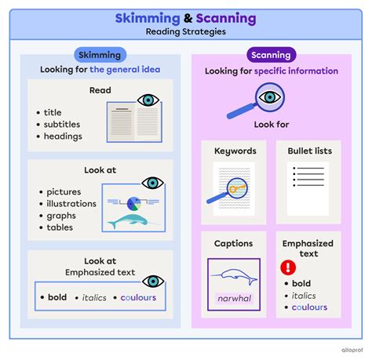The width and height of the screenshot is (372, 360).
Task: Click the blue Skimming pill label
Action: click(100, 55)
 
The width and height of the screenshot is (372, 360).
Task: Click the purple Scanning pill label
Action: click(272, 55)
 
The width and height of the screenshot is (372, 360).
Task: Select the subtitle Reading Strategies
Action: click(185, 32)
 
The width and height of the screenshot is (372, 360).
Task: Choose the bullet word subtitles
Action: click(64, 125)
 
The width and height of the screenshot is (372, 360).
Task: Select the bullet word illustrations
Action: click(71, 204)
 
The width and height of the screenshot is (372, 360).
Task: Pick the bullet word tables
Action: click(59, 227)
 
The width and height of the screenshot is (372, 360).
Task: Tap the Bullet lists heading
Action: click(308, 150)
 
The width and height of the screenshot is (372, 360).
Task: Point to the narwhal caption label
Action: click(234, 298)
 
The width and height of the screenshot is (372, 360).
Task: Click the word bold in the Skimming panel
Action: click(57, 298)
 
